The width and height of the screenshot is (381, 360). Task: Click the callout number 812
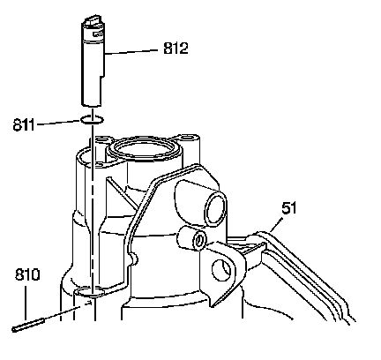point(176,49)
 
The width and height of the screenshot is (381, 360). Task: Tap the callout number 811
point(24,125)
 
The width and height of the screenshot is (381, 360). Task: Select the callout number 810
point(27,274)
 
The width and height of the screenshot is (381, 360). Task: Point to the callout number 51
point(289,208)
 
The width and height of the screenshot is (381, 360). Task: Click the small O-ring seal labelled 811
point(92,120)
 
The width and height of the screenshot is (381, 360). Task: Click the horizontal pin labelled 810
point(28,326)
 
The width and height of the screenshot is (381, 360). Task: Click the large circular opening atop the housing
point(144,149)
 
